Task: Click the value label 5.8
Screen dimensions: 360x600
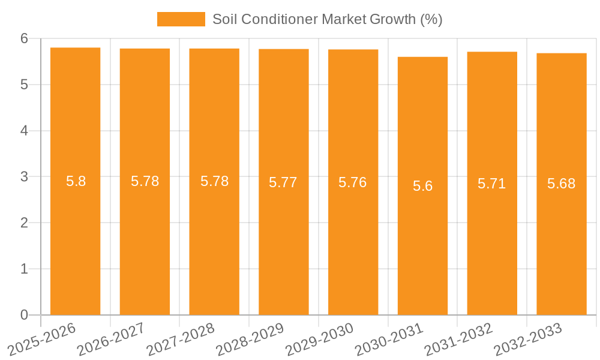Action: click(76, 181)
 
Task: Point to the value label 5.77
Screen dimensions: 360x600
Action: click(283, 182)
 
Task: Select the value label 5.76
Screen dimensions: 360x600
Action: click(353, 182)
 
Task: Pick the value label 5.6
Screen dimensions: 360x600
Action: click(422, 186)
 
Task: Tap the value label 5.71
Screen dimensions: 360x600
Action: click(492, 184)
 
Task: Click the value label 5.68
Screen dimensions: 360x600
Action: click(562, 184)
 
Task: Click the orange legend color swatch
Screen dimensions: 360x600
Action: click(181, 19)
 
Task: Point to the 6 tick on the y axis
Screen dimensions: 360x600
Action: click(24, 38)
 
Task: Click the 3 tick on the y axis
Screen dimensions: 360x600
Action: click(24, 177)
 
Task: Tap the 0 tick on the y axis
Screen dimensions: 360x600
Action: click(24, 315)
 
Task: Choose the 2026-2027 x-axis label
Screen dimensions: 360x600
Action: click(112, 338)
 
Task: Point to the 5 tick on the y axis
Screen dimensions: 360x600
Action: click(24, 85)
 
